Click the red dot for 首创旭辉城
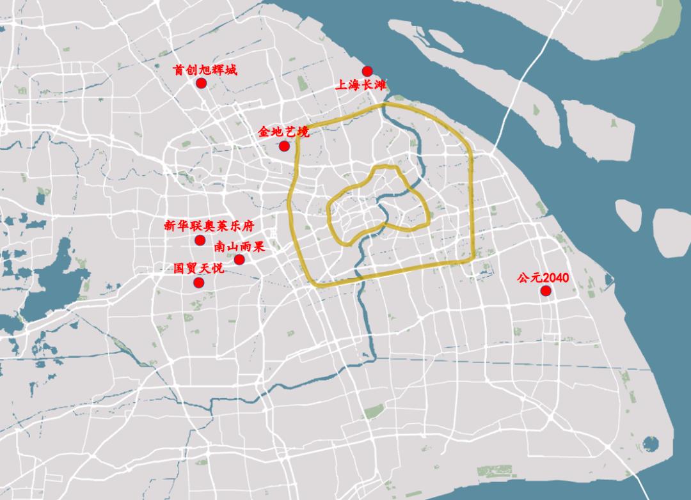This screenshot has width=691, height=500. click(202, 83)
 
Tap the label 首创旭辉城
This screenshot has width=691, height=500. click(205, 70)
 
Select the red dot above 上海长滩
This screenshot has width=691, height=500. click(367, 71)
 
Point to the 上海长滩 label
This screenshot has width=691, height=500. click(361, 85)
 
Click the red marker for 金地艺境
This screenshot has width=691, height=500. click(284, 146)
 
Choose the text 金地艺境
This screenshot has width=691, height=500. click(283, 132)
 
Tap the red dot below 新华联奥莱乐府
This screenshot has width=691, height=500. click(200, 240)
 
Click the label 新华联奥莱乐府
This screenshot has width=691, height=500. click(209, 226)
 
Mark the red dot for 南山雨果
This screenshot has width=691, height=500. click(239, 259)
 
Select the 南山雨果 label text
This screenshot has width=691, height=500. click(239, 247)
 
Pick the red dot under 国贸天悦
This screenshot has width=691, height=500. click(199, 283)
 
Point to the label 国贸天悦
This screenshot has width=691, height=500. click(199, 269)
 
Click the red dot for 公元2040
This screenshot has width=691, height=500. click(546, 291)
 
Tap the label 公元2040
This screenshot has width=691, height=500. click(543, 278)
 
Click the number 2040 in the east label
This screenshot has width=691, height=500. click(555, 278)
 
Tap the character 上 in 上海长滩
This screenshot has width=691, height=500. click(342, 85)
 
